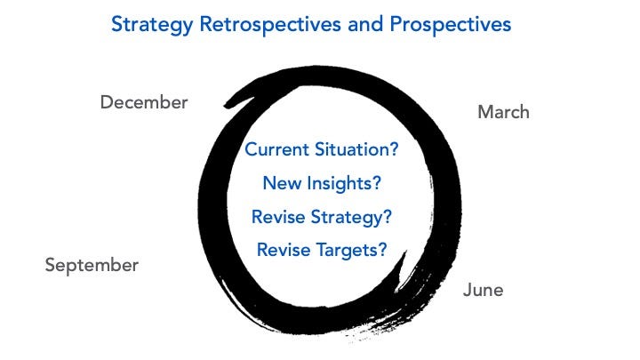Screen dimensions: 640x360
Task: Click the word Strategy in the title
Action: click(x=151, y=25)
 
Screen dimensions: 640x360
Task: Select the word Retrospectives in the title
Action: click(x=270, y=25)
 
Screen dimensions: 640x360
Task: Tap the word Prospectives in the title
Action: click(x=450, y=25)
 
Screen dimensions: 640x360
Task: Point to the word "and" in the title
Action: click(x=365, y=24)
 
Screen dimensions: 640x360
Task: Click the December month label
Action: click(x=144, y=102)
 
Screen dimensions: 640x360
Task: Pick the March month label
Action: click(x=503, y=112)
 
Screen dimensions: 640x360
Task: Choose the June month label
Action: click(x=483, y=290)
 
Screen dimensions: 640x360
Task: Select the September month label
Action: click(x=92, y=266)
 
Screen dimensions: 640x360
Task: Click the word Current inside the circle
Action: click(x=276, y=149)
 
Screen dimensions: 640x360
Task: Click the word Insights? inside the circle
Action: click(x=344, y=184)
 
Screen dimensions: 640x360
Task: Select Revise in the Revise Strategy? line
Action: click(x=278, y=217)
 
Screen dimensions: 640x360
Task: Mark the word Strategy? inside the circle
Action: click(x=351, y=218)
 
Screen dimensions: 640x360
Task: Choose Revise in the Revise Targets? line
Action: click(x=284, y=250)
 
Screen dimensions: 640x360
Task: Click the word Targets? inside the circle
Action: click(x=351, y=251)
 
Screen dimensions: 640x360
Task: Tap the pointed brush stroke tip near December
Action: click(x=225, y=106)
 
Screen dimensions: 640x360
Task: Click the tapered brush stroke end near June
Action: click(x=405, y=253)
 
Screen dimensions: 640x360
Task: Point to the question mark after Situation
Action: click(x=394, y=149)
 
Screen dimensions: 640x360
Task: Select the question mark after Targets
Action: click(x=382, y=250)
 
